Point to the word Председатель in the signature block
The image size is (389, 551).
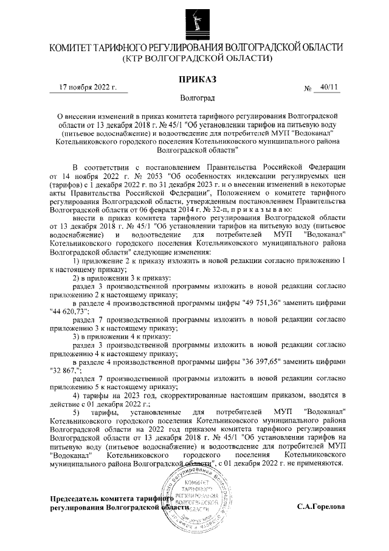pyautogui.click(x=75, y=498)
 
